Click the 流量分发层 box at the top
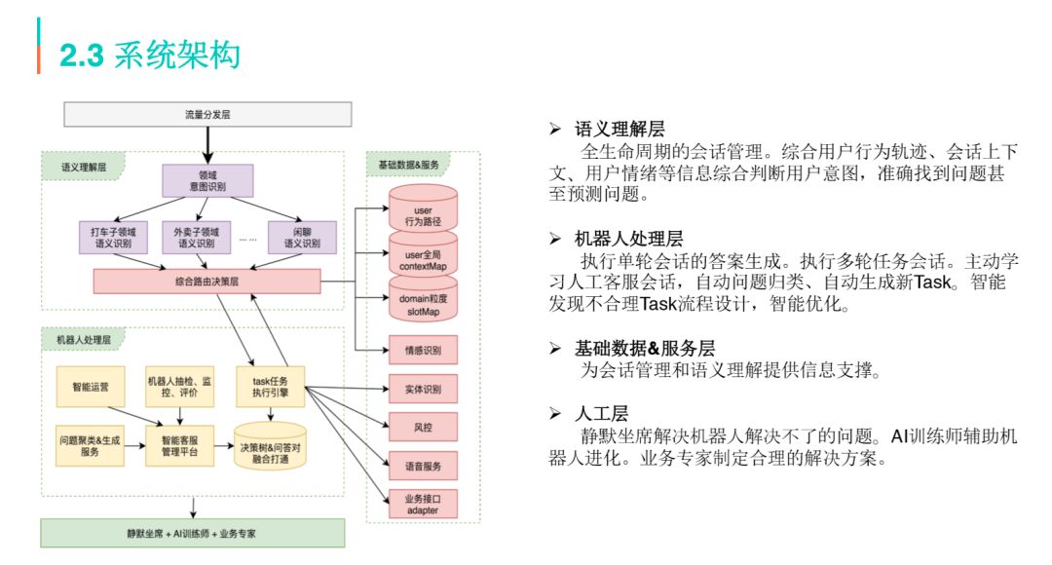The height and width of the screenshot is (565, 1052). (x=207, y=114)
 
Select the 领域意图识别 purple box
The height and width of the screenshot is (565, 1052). (x=207, y=179)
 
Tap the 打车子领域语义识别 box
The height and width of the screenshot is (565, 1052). (x=113, y=238)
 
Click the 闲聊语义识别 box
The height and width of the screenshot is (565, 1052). (x=301, y=238)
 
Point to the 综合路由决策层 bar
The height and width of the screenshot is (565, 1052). (x=207, y=282)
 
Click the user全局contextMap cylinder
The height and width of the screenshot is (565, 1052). (x=423, y=258)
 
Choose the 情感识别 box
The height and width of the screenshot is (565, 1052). (x=422, y=349)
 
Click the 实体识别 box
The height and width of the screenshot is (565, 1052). (x=422, y=389)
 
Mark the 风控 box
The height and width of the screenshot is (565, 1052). (x=422, y=427)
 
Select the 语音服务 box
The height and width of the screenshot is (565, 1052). (x=422, y=466)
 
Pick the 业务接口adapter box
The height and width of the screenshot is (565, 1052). (x=422, y=504)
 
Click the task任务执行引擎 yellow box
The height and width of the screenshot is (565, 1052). (x=270, y=387)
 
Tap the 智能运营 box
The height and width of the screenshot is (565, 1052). (x=91, y=387)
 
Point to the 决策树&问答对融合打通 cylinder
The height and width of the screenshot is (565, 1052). (x=270, y=445)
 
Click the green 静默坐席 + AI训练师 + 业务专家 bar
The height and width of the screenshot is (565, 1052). (x=193, y=533)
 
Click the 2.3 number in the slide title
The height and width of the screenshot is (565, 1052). (x=82, y=56)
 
